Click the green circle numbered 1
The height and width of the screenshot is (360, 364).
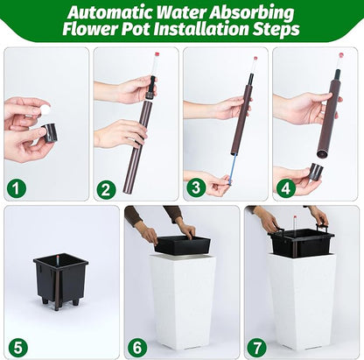pyautogui.click(x=17, y=188)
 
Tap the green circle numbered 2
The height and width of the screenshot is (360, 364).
pyautogui.click(x=106, y=190)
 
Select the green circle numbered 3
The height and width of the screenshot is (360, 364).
pyautogui.click(x=196, y=187)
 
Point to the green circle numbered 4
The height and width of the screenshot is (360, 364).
pyautogui.click(x=285, y=188)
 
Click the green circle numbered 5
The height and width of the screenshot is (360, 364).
pyautogui.click(x=18, y=348)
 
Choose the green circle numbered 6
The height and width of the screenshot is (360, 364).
pyautogui.click(x=137, y=348)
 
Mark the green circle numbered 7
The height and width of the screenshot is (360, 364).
pyautogui.click(x=257, y=348)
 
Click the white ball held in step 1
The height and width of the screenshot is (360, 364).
pyautogui.click(x=45, y=110)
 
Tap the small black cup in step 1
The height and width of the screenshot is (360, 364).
pyautogui.click(x=50, y=133)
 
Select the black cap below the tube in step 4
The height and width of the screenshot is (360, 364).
pyautogui.click(x=316, y=171)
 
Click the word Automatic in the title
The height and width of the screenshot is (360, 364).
pyautogui.click(x=111, y=12)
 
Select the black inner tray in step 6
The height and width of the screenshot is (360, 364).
pyautogui.click(x=182, y=244)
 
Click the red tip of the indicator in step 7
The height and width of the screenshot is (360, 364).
pyautogui.click(x=295, y=218)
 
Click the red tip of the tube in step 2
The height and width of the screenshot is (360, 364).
pyautogui.click(x=157, y=54)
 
